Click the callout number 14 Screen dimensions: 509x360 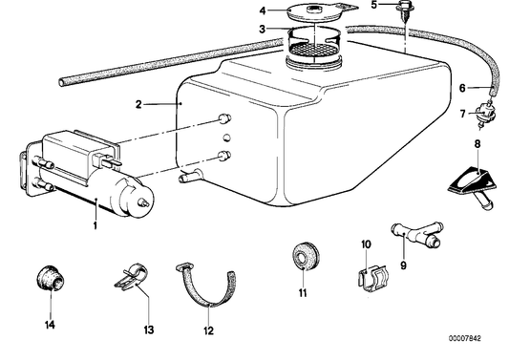click(50, 325)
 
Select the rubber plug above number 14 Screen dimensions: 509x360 click(51, 279)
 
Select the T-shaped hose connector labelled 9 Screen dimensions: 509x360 click(416, 234)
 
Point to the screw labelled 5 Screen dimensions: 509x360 click(403, 11)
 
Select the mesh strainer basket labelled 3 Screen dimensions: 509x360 click(314, 40)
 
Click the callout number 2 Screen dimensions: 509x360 click(138, 104)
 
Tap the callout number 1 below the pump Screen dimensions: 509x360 click(95, 225)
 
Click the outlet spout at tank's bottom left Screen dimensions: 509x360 click(190, 176)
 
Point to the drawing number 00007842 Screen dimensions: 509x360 click(464, 338)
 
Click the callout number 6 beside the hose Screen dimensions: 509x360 click(462, 88)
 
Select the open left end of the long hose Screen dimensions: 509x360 click(62, 82)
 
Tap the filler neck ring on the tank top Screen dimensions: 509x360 click(313, 62)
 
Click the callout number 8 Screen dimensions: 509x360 click(477, 144)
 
